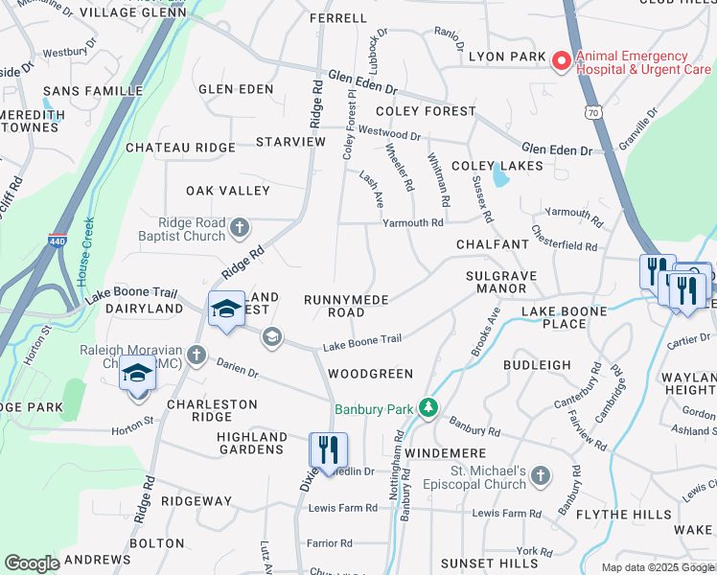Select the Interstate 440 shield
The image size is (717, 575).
coord(57,241)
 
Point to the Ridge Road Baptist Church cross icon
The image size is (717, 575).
coord(239,229)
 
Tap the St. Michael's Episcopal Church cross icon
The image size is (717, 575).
coord(541,475)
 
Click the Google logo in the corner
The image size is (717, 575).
coord(32,563)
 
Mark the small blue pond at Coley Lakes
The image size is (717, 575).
coord(498,176)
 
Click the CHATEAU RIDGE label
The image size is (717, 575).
coord(180,148)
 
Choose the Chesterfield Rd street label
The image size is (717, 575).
coord(563,240)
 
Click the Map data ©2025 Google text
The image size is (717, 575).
coord(657,567)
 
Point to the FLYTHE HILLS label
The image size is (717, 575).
coord(624,515)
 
